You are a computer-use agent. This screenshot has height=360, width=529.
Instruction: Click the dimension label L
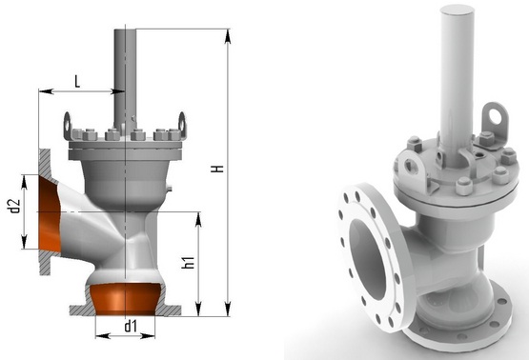coord(77,81)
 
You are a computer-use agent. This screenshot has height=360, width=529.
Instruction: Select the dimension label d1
coord(131,327)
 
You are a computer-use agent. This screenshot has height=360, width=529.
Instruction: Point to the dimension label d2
coord(14,207)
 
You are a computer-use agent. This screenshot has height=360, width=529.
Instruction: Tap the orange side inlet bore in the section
coord(50,215)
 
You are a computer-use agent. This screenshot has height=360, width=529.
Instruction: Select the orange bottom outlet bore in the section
coord(125,298)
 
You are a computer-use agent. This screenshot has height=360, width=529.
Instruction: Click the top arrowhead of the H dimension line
coord(228,36)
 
